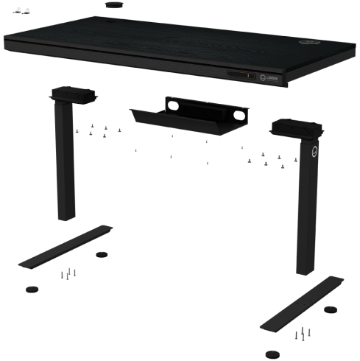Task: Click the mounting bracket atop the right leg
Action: click(296, 129)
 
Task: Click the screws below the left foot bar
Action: click(68, 275)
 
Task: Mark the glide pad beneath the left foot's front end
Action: click(31, 287)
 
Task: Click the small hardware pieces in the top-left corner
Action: click(22, 13)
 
